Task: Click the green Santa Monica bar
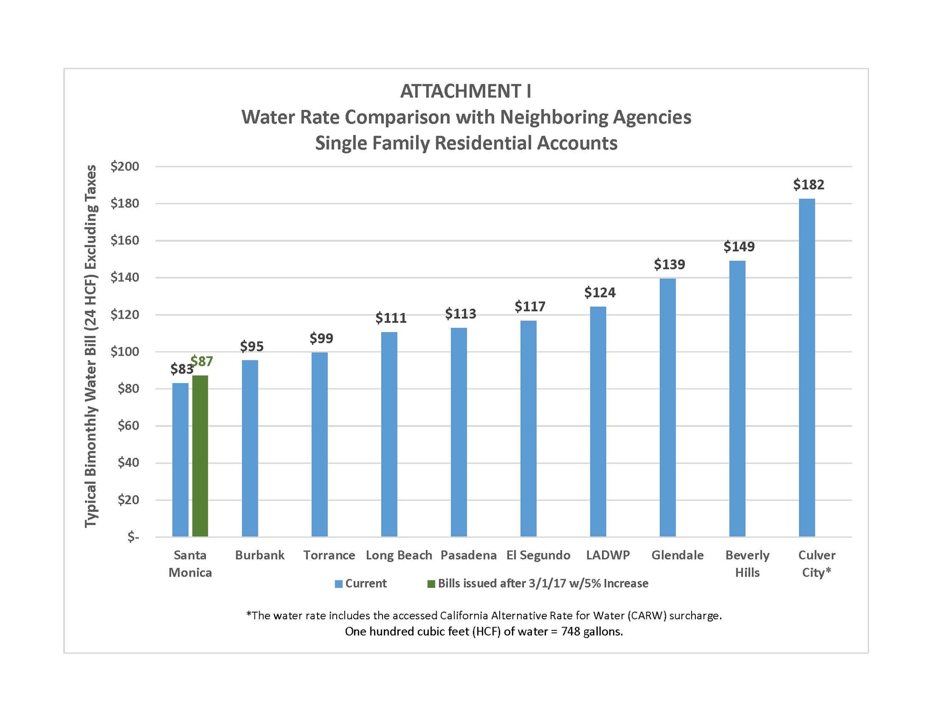(x=200, y=456)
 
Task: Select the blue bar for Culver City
(x=807, y=367)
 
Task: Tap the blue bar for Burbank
(x=250, y=448)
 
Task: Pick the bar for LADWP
(x=598, y=421)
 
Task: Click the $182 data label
(x=808, y=185)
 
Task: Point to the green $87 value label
(x=202, y=361)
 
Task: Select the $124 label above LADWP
(x=600, y=293)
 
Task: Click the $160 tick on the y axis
(x=125, y=240)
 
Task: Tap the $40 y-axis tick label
(x=127, y=462)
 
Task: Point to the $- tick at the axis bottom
(x=133, y=537)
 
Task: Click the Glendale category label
(x=677, y=555)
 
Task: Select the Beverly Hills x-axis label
(x=747, y=564)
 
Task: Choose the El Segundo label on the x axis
(x=538, y=555)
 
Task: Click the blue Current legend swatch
(x=339, y=584)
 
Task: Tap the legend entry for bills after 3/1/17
(x=542, y=583)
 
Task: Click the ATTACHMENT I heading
(x=466, y=91)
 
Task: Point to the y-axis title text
(x=91, y=346)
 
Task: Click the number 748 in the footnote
(x=570, y=632)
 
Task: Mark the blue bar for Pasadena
(x=459, y=432)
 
